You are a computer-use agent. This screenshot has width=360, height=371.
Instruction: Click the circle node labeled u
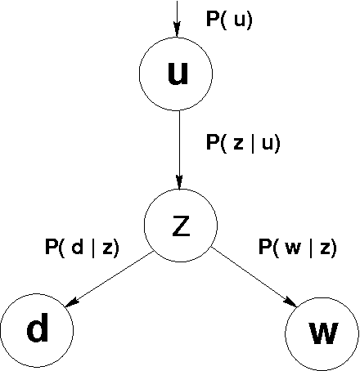pyautogui.click(x=176, y=74)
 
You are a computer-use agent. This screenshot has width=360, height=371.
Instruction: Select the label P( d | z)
pyautogui.click(x=82, y=246)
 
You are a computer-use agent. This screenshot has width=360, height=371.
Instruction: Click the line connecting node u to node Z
pyautogui.click(x=177, y=147)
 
